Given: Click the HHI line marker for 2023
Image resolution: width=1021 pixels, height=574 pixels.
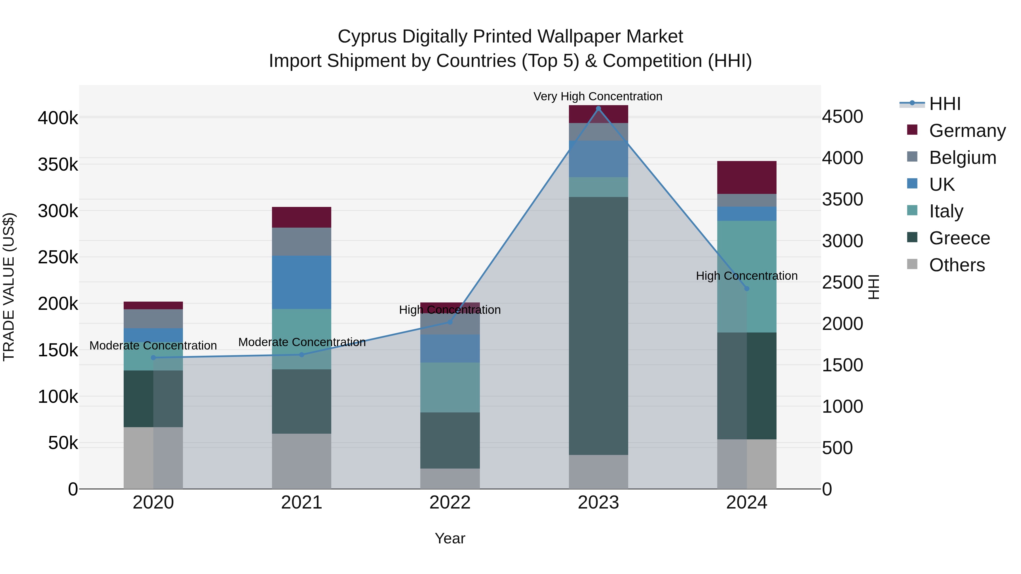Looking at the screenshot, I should pos(598,109).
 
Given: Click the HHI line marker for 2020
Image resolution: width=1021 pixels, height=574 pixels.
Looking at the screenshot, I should pos(153,358).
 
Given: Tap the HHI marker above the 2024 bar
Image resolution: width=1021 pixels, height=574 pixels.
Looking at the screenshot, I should pos(747,289).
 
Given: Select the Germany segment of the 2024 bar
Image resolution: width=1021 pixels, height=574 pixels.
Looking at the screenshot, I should pos(747,177).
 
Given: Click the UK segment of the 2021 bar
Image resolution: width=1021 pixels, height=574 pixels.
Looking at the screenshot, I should pos(302,282).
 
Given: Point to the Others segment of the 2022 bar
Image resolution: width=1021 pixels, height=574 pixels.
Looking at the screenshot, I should pos(450,478).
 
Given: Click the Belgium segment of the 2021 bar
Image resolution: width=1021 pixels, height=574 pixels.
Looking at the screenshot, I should pos(302,242).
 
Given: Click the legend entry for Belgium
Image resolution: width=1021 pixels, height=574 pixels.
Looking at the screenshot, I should pos(962,158).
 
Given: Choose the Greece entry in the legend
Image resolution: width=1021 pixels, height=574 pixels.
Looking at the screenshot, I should pos(959,238).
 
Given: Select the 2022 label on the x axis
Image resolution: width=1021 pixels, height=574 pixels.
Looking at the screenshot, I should pos(450,503).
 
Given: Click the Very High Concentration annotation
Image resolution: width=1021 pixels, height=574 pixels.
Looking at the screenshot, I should pos(598,96).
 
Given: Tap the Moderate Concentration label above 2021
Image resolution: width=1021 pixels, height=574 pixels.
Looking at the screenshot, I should pos(302,342).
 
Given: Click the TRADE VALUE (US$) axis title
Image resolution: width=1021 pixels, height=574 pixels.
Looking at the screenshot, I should pos(9,287).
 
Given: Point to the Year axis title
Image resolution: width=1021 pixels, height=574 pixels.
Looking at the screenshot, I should pos(450,538).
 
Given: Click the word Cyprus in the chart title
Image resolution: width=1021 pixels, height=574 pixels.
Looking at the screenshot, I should pos(367,37).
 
